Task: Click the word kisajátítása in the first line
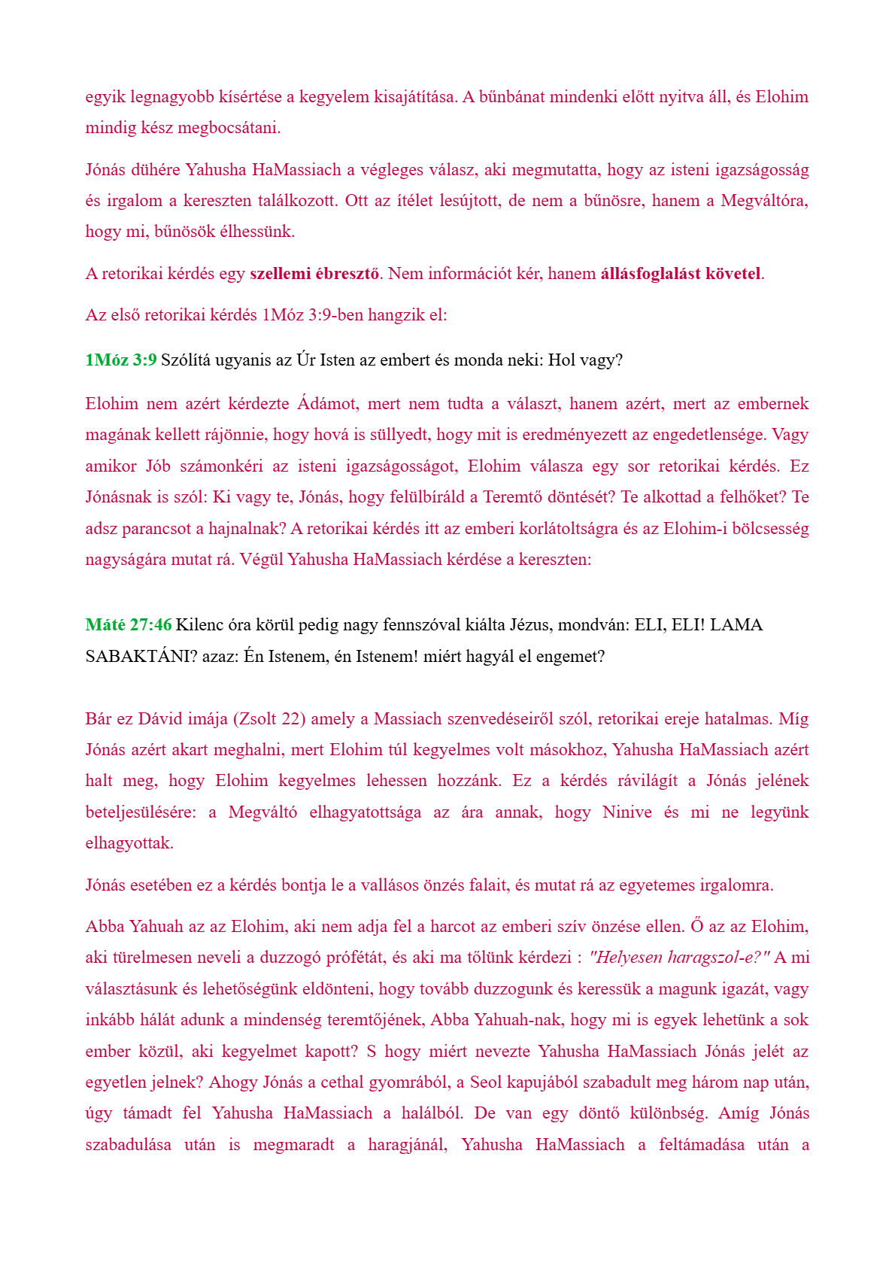pos(414,97)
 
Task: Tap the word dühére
pos(156,170)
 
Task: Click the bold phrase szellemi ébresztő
pos(314,274)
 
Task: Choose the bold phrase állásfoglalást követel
pos(681,274)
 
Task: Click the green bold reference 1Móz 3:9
pos(121,360)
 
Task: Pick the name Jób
pos(158,466)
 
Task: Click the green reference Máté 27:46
pos(129,625)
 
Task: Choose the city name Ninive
pos(626,812)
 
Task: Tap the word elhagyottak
pos(129,843)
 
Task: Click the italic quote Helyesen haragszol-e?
pos(680,958)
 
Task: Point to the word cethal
pos(342,1082)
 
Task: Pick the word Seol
pos(487,1082)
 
